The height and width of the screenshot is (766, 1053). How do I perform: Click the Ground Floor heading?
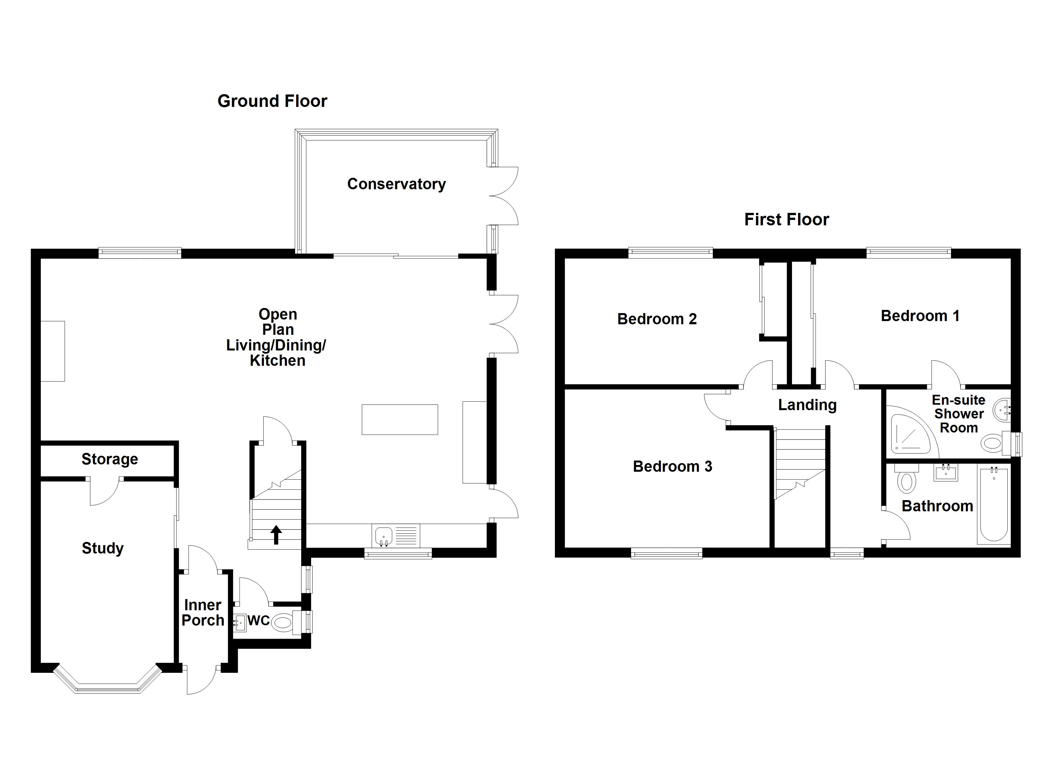(272, 101)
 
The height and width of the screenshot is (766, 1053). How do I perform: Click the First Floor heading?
(787, 219)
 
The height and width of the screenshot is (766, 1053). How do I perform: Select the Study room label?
(103, 548)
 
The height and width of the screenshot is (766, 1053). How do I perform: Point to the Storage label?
(109, 459)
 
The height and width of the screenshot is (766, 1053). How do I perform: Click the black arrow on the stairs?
(276, 534)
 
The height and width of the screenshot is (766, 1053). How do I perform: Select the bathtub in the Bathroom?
(994, 505)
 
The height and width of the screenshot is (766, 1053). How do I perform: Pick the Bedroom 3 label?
(672, 466)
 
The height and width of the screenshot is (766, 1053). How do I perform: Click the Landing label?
(807, 405)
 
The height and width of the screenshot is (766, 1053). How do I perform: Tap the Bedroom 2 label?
(657, 319)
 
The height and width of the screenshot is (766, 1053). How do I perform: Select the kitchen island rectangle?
(400, 419)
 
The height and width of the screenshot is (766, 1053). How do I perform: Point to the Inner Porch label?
(203, 612)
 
